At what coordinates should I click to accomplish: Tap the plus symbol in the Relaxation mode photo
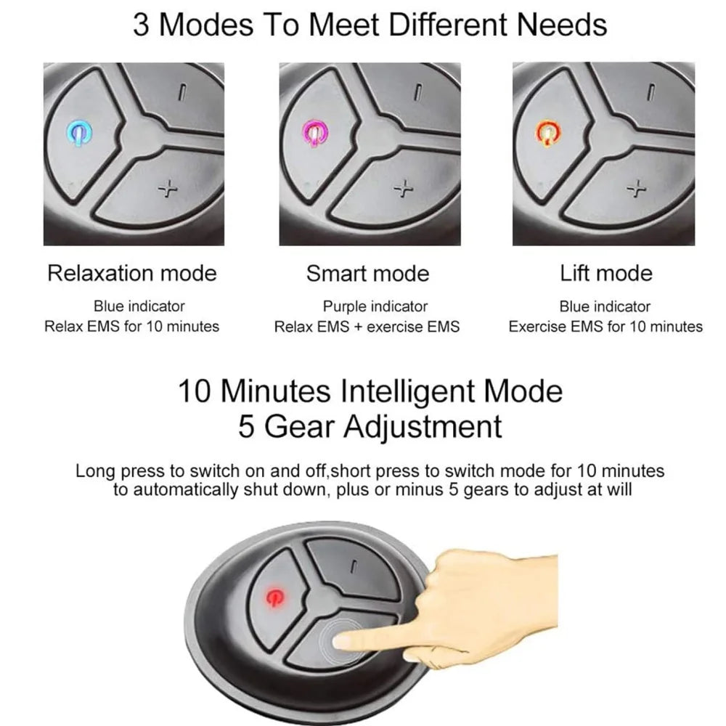point(168,189)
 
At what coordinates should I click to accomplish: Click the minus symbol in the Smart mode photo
point(417,92)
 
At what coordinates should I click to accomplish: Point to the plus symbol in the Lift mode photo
point(637,189)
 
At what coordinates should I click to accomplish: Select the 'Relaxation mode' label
point(131,273)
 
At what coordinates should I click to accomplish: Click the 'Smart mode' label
point(367,273)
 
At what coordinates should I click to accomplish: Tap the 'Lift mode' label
point(605,273)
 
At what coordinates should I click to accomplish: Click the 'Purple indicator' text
point(375,306)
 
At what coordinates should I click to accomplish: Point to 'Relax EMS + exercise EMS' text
point(367,327)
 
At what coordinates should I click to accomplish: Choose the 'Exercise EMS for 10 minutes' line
point(605,327)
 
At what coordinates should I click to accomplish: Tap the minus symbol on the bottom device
point(353,568)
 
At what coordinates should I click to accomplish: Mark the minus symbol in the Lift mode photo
point(651,92)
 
